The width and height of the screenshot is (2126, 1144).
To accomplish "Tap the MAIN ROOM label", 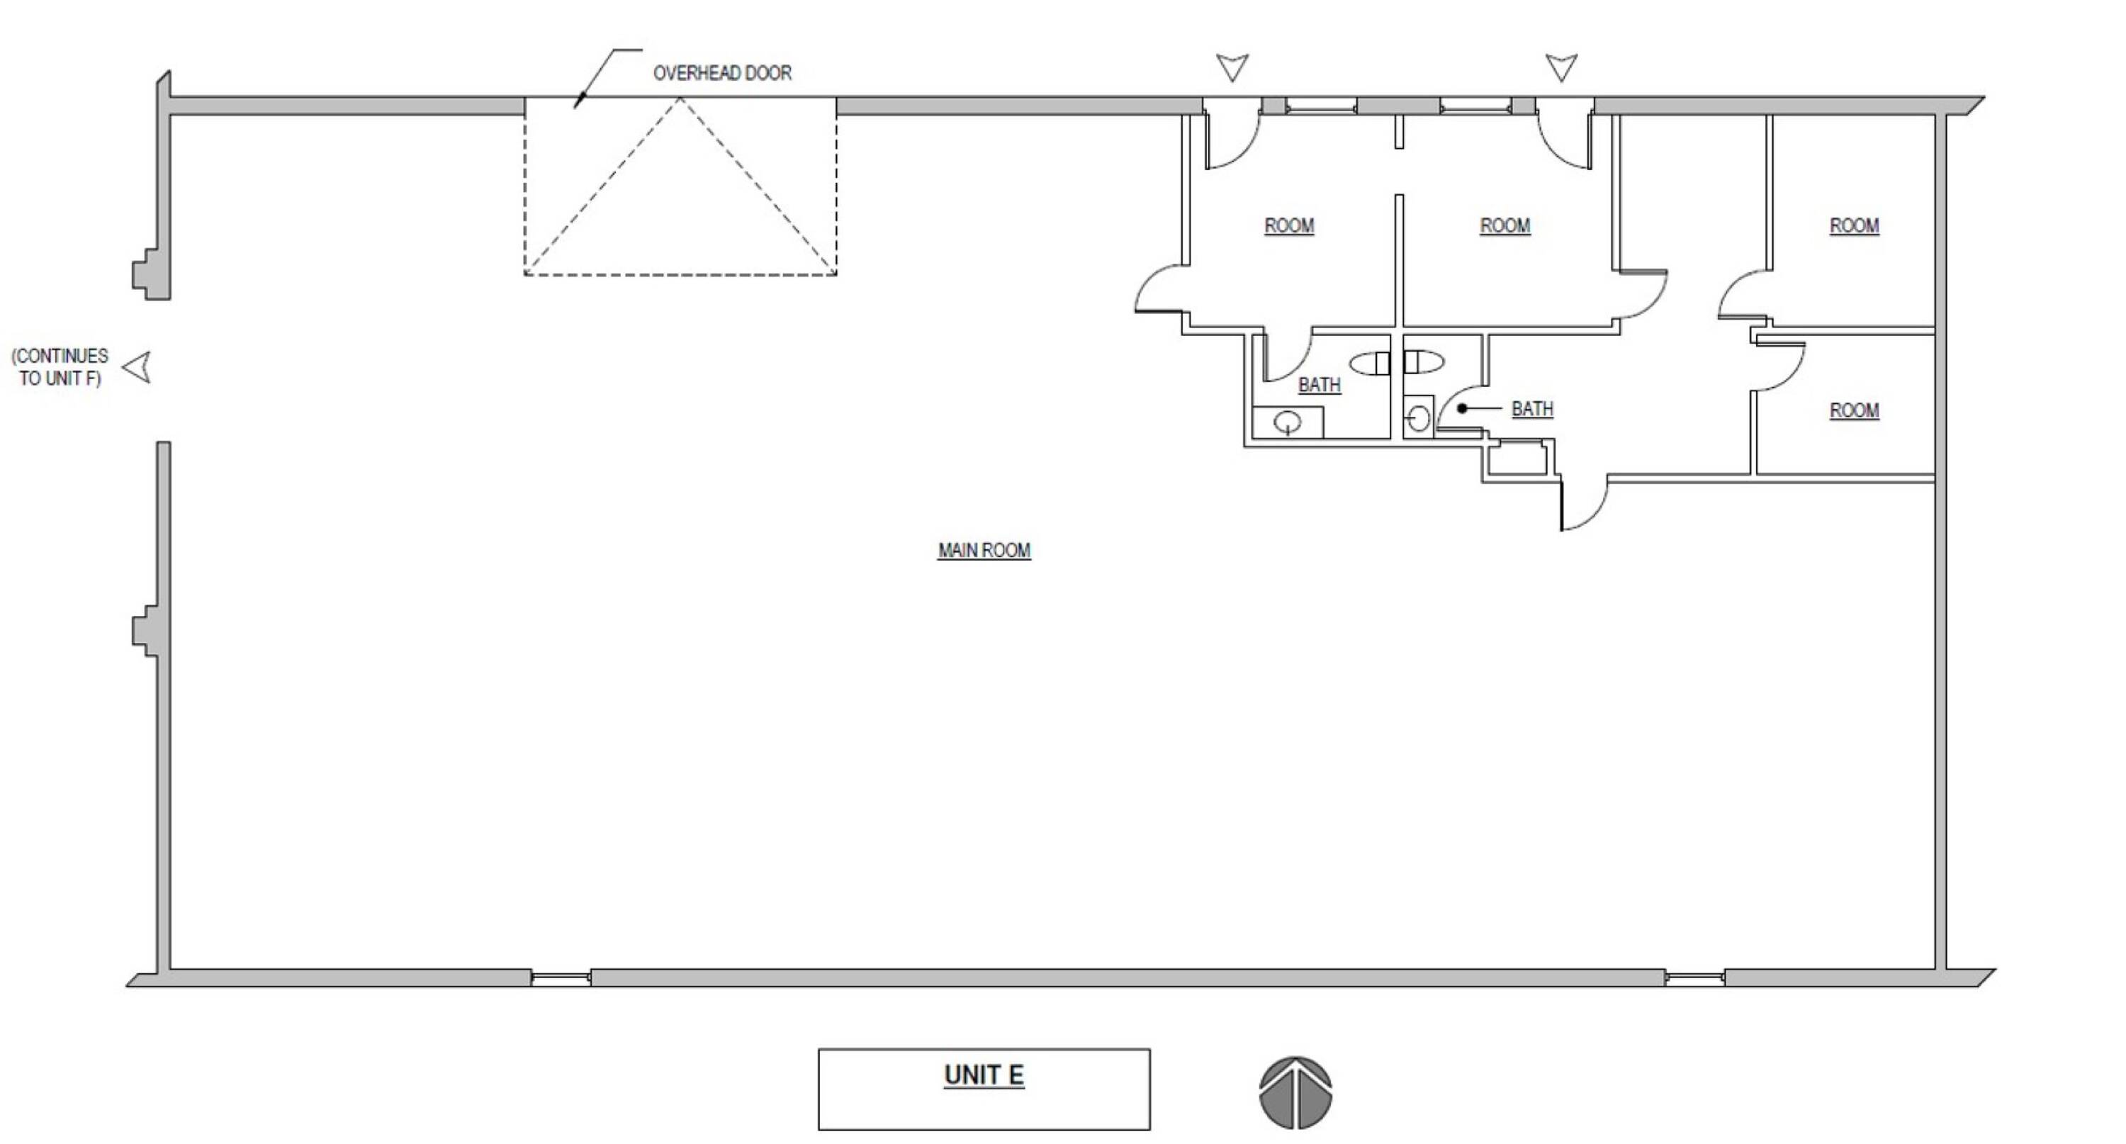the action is [x=984, y=551].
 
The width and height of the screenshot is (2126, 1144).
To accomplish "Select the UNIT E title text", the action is [x=984, y=1075].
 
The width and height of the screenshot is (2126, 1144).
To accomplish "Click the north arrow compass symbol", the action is [x=1295, y=1093].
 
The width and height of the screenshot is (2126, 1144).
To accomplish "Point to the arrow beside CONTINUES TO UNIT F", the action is [x=137, y=367].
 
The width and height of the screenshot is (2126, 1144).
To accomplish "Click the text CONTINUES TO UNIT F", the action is [x=60, y=367].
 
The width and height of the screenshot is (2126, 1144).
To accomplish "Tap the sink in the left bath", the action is [x=1288, y=422].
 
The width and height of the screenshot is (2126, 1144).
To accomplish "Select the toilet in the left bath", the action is [x=1370, y=363].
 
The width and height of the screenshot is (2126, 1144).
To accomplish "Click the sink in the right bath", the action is [x=1418, y=418].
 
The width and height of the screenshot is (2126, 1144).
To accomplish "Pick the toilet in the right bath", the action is [x=1424, y=361].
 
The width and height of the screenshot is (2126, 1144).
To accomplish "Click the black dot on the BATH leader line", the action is [x=1463, y=408].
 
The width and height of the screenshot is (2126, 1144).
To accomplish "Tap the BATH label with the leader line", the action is [x=1533, y=408].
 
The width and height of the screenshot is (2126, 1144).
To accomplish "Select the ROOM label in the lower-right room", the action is [x=1855, y=410].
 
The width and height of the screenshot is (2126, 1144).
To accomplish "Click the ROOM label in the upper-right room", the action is [x=1855, y=225].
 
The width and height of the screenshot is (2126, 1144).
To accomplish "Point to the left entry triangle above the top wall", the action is [x=1232, y=67].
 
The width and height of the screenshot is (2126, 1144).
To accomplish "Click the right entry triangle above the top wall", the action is [x=1561, y=67].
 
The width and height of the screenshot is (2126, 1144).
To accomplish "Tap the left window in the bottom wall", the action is [x=561, y=979].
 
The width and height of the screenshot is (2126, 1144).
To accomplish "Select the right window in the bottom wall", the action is [x=1694, y=979].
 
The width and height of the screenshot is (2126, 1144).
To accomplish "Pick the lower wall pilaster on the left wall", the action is [x=149, y=632].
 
